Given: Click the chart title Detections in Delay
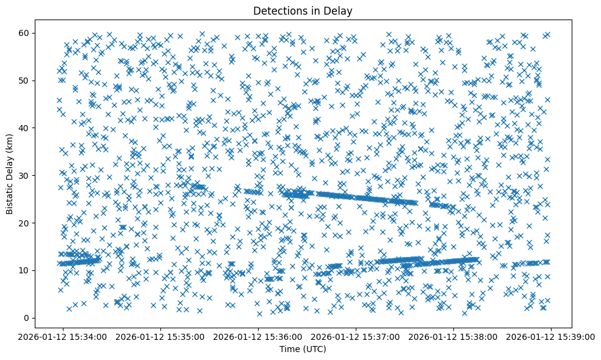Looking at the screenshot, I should tap(303, 10).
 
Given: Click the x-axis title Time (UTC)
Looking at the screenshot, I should tap(303, 350).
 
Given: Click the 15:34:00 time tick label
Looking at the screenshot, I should tap(63, 336).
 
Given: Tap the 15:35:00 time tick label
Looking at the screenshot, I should tap(161, 336).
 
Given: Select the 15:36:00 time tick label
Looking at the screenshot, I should tap(259, 336).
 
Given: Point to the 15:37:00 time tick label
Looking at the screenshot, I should tap(356, 336).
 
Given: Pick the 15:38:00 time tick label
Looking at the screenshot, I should tap(454, 336).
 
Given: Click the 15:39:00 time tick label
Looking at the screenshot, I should tap(552, 336).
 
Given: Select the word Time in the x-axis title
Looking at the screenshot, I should tap(290, 350).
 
